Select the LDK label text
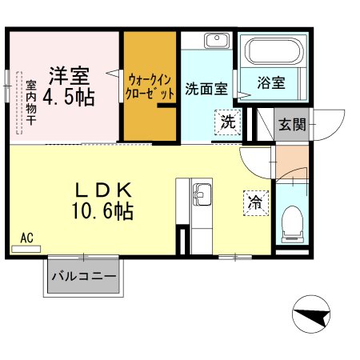click(x=102, y=190)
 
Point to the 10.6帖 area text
click(x=102, y=212)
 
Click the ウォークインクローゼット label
click(x=150, y=86)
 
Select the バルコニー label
click(x=84, y=277)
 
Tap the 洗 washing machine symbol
click(x=227, y=123)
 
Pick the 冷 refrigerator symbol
click(x=254, y=202)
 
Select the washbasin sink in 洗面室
click(x=214, y=41)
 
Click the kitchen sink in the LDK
click(x=201, y=194)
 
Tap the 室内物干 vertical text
click(x=30, y=102)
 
